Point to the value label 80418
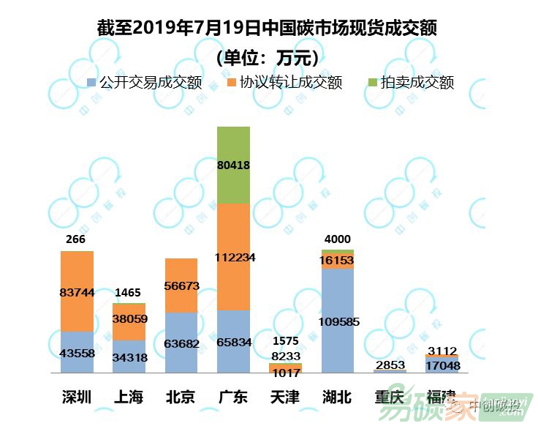(x=234, y=165)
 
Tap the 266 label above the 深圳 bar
(x=75, y=239)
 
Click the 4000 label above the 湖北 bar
(x=338, y=239)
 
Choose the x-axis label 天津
(x=285, y=397)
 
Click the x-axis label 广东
(x=233, y=397)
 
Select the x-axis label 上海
(x=129, y=397)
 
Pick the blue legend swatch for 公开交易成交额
(x=91, y=82)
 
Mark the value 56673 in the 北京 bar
(x=181, y=286)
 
